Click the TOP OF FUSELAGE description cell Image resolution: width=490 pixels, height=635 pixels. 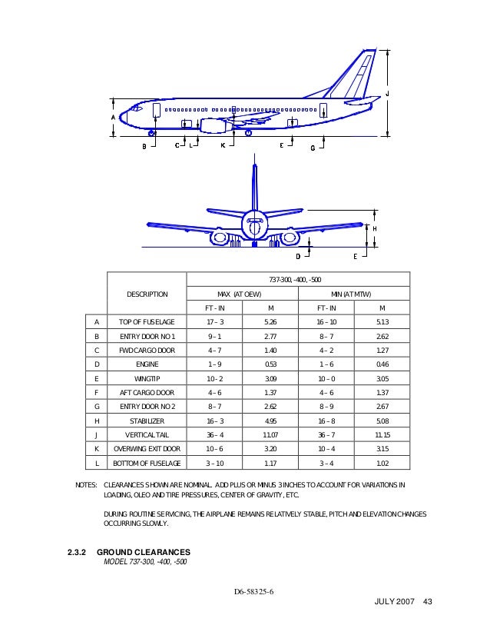(146, 322)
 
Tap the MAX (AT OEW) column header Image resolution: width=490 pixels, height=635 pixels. (242, 294)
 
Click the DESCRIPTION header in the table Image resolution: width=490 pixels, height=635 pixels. (146, 294)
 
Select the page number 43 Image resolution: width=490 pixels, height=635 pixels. (429, 612)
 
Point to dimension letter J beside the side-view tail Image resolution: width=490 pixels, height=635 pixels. (386, 93)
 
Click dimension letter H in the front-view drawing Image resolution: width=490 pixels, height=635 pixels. (375, 228)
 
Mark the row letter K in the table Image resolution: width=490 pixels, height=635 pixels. (96, 448)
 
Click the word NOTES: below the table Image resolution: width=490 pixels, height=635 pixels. (84, 487)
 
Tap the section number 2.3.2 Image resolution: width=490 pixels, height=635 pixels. (79, 552)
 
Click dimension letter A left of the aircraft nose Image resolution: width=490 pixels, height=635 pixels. (113, 117)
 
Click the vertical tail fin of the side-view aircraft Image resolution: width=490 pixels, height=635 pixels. (359, 73)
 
